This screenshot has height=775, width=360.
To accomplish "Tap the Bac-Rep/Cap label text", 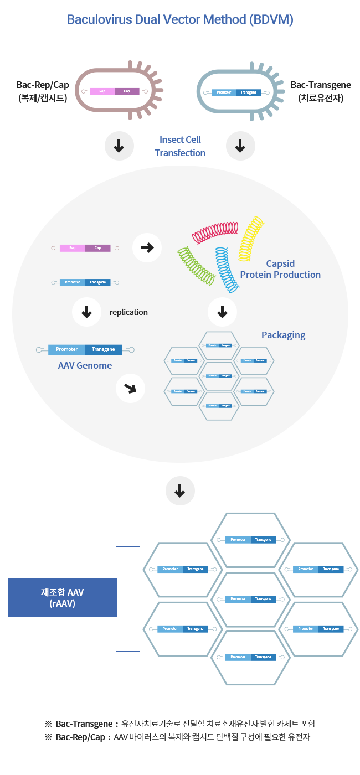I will point(43,91).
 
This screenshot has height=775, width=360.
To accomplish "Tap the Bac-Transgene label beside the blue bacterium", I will point(321,91).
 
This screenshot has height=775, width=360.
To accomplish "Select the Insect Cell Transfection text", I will point(180,146).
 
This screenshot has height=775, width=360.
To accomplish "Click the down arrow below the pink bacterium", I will point(119,146).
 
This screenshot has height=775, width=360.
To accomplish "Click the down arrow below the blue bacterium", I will point(240,146).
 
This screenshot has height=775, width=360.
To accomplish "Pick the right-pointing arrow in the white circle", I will point(147,247).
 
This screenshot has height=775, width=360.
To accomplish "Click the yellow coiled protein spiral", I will point(251,239).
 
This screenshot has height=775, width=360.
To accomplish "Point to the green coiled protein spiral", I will point(196,266).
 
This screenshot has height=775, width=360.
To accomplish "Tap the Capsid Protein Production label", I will point(280,269).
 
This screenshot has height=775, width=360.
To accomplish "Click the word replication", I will point(128,312).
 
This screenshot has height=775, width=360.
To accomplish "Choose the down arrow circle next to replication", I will point(86,312).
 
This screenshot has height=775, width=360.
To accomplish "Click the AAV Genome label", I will point(85,365).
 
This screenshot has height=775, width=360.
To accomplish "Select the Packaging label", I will point(283,335).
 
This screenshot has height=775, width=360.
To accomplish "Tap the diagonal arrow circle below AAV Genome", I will point(130,389).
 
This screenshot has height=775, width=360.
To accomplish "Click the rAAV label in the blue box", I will point(62,598).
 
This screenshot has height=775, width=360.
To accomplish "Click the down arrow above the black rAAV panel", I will point(179,491).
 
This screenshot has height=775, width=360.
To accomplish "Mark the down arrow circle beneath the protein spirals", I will point(222,312).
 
